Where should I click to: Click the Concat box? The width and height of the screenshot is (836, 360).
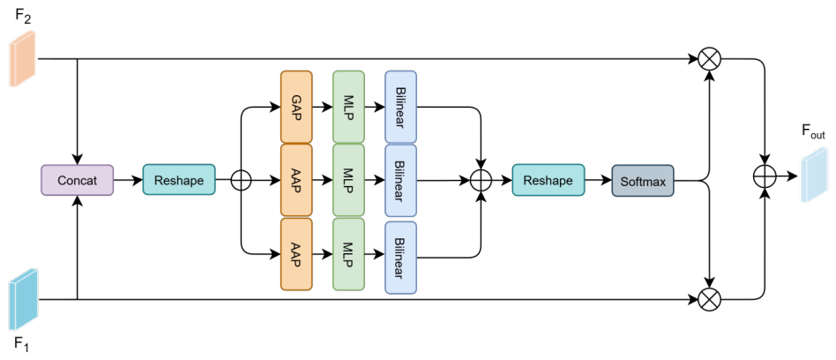pos(78,180)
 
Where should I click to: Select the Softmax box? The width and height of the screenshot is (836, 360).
pos(643,180)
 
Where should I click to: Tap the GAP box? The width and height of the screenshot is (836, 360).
pos(296,107)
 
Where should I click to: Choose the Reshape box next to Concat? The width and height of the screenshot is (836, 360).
pos(179,180)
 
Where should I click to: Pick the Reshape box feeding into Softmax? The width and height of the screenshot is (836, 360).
pos(549,180)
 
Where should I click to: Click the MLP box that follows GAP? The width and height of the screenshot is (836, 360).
pos(348,107)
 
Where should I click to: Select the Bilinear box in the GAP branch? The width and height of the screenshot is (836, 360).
pos(400,107)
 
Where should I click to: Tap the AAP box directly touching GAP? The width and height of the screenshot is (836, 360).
pos(296,180)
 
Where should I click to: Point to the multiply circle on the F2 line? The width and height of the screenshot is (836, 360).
pos(709,59)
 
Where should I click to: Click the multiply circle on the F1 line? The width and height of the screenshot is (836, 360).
pos(709,299)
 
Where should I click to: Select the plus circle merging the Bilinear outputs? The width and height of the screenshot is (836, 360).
pos(481,180)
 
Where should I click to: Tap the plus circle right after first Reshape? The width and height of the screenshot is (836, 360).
pos(241,180)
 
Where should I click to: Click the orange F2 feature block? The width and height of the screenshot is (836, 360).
pos(22,58)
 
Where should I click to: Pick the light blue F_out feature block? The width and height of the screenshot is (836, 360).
pos(813,176)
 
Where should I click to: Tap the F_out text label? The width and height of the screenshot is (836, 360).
pos(814,132)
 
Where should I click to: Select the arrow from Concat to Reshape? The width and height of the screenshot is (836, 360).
pos(128,180)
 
